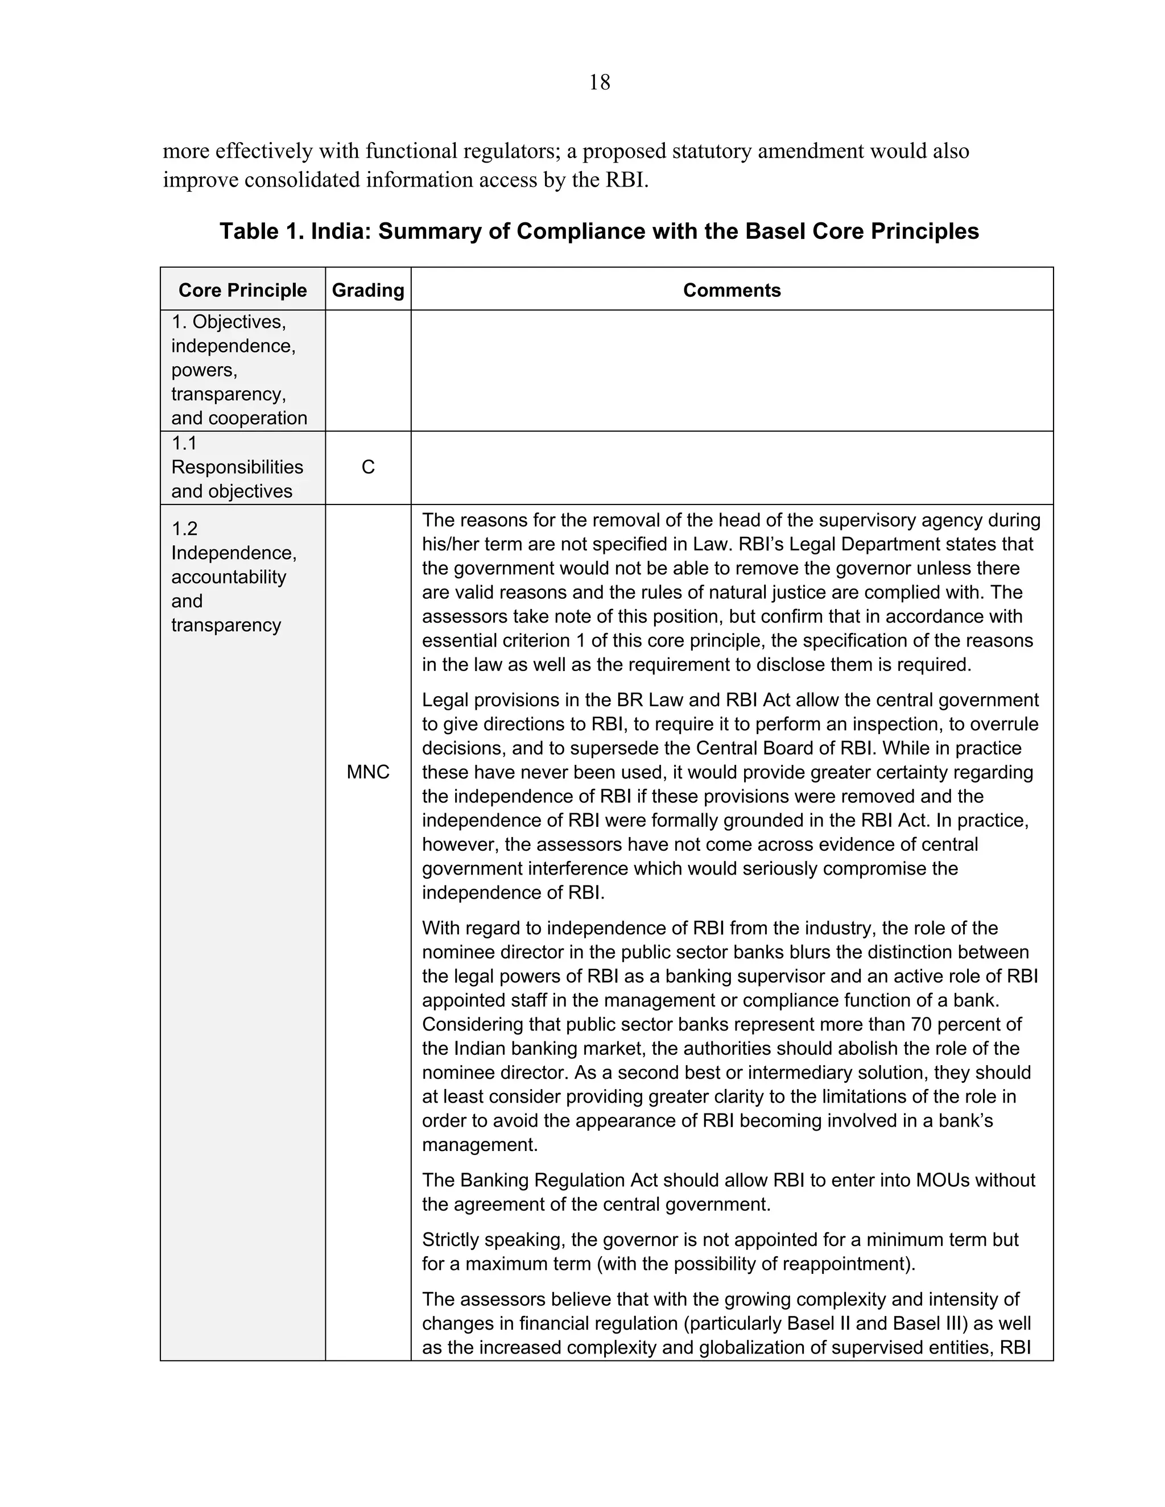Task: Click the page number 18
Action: [x=599, y=83]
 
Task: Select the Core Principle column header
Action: [x=242, y=290]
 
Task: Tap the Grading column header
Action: [x=368, y=290]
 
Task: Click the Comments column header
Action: [x=732, y=290]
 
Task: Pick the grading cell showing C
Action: [x=368, y=468]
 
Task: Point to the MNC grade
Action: [x=368, y=772]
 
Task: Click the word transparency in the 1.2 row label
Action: [x=226, y=625]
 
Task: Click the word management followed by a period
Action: [x=478, y=1145]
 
